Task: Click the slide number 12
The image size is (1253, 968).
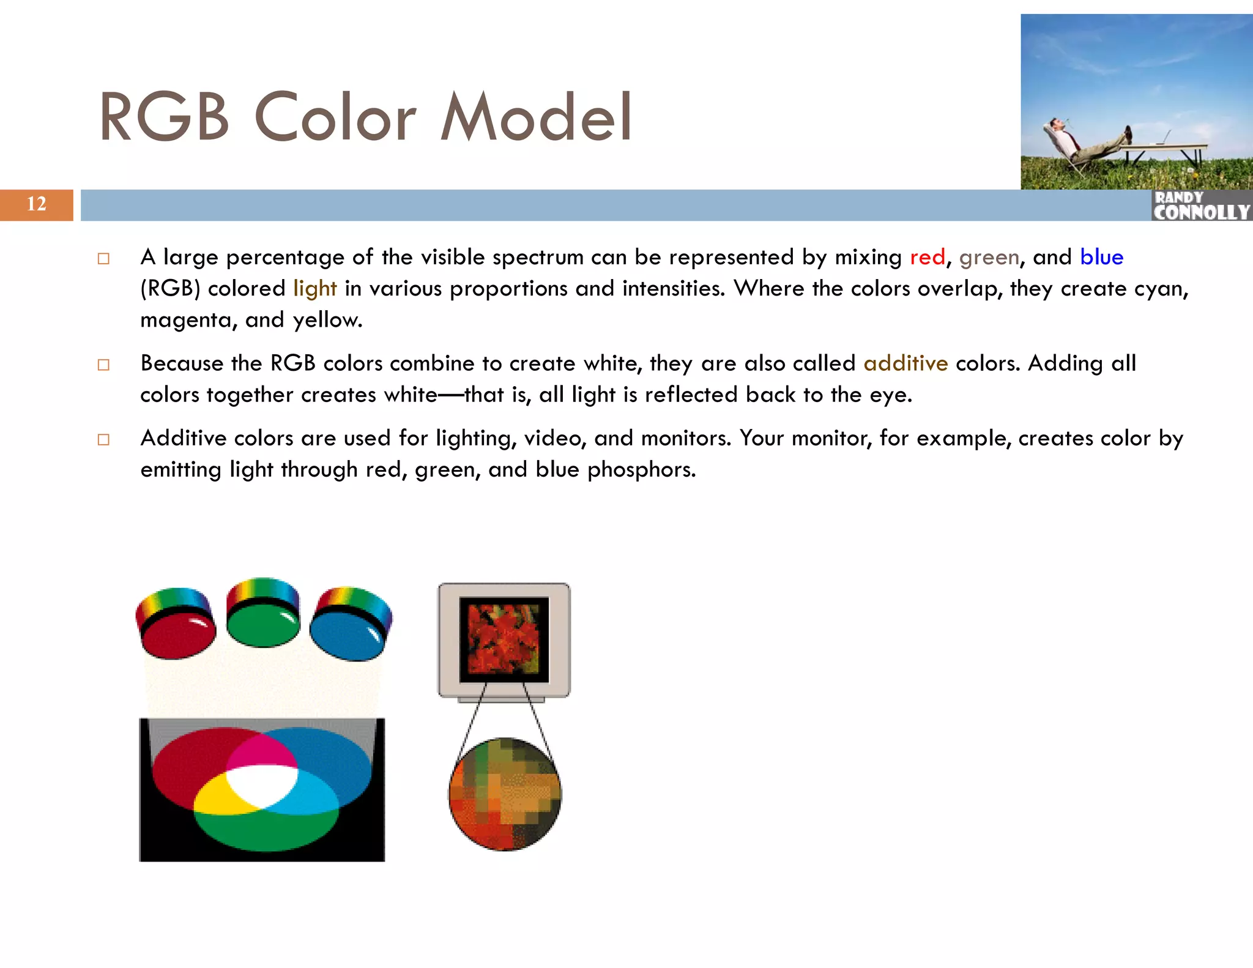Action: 37,204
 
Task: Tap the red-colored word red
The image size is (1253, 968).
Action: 927,257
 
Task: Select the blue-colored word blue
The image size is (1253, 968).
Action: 1101,257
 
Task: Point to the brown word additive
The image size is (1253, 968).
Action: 905,363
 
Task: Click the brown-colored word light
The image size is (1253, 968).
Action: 314,288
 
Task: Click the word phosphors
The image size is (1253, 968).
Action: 641,469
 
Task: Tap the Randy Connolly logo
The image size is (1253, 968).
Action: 1201,206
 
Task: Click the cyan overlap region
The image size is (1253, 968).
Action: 313,795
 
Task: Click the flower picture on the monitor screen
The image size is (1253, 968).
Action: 504,639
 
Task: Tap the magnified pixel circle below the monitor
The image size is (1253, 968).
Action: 505,794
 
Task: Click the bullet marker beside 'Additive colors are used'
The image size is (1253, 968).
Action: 103,439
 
